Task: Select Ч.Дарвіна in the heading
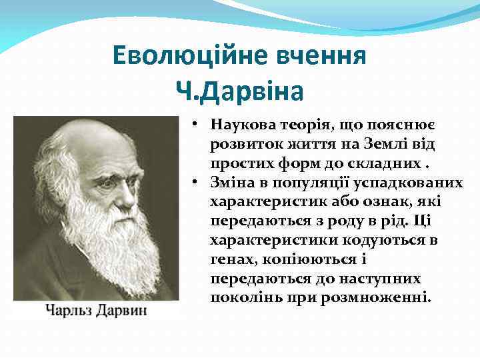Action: [239, 90]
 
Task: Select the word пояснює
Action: [391, 125]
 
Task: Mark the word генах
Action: [230, 259]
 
